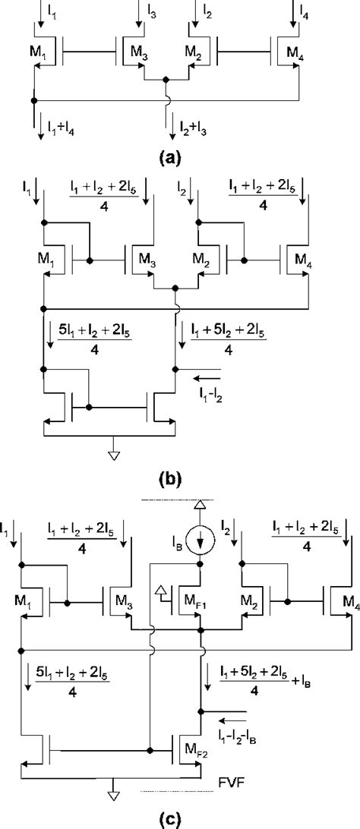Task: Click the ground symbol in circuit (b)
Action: (112, 455)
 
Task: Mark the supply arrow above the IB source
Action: (201, 507)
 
